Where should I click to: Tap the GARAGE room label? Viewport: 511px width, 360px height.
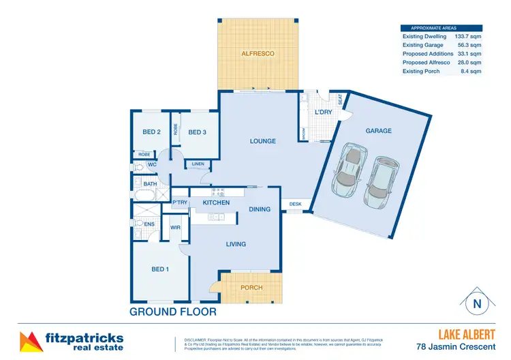tap(378, 130)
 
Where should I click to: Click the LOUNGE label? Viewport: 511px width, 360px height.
tap(262, 141)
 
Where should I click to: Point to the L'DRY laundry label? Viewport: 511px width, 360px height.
tap(323, 111)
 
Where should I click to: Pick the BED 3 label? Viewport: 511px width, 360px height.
tap(198, 132)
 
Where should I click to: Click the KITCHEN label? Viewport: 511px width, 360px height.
tap(216, 202)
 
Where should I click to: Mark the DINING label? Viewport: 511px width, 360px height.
tap(259, 209)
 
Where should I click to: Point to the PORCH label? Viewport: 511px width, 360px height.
tap(252, 288)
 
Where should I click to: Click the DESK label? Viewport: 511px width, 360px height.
tap(295, 204)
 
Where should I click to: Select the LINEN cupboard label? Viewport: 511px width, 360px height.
tap(198, 164)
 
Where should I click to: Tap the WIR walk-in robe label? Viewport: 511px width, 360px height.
tap(175, 227)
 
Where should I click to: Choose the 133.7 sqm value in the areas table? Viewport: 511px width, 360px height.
tap(468, 36)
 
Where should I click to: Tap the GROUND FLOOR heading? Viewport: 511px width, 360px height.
tap(173, 312)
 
